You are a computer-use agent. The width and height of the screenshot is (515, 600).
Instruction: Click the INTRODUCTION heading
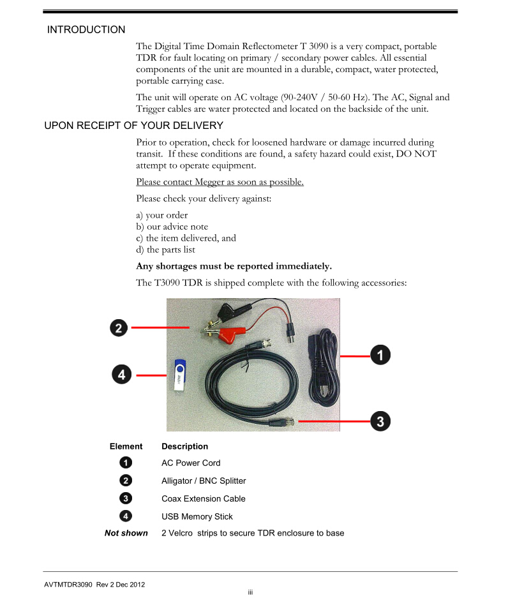[x=86, y=29]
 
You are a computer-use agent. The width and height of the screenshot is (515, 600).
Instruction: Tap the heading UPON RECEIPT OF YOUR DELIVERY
[x=124, y=125]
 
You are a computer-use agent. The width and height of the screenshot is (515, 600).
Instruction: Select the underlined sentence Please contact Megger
[x=220, y=182]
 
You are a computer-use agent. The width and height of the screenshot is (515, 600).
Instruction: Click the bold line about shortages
[x=234, y=266]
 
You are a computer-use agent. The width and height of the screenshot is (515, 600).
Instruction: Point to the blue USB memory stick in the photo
[x=179, y=375]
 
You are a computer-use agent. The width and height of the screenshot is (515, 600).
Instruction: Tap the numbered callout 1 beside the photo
[x=380, y=356]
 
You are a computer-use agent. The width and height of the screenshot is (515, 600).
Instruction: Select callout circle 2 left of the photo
[x=118, y=328]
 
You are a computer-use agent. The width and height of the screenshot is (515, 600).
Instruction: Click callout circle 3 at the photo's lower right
[x=380, y=421]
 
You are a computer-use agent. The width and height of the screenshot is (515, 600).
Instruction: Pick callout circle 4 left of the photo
[x=122, y=374]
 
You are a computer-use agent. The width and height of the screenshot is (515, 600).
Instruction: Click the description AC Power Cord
[x=191, y=463]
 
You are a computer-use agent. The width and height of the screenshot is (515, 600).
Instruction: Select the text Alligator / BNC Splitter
[x=204, y=481]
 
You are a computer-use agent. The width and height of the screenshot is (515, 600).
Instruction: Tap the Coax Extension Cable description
[x=203, y=499]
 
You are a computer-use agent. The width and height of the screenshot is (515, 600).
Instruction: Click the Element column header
[x=126, y=446]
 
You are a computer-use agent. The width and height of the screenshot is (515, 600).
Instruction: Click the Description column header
[x=184, y=446]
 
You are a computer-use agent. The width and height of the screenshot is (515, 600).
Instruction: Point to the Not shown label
[x=126, y=533]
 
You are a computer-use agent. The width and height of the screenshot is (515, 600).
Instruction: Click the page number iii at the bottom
[x=251, y=593]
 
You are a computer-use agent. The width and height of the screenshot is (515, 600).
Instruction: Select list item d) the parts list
[x=165, y=250]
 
